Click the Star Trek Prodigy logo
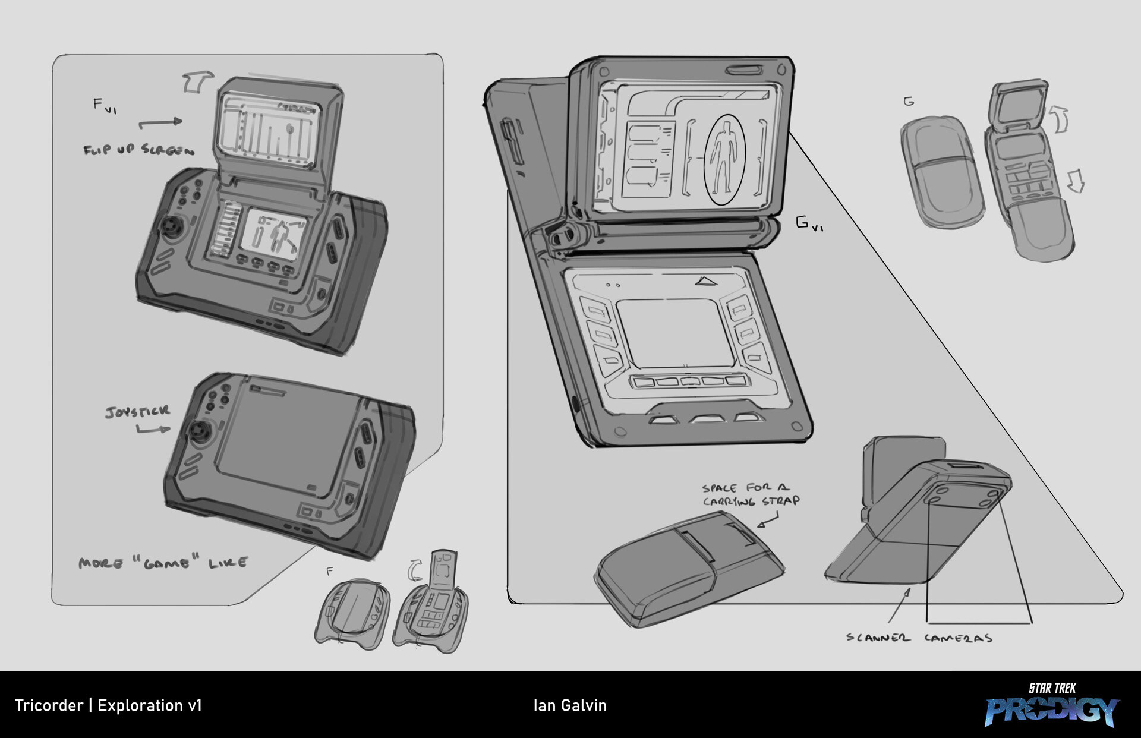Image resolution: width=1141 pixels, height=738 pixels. click(x=1052, y=705)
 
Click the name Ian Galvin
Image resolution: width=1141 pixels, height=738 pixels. click(x=570, y=705)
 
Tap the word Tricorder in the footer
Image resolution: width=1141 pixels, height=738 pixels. click(x=49, y=705)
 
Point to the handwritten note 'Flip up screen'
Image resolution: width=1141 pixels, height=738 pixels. click(x=138, y=149)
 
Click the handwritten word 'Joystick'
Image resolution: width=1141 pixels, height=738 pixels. click(x=137, y=411)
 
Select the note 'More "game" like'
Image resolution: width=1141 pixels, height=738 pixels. click(x=163, y=562)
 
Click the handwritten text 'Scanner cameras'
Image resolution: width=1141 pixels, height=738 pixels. click(x=919, y=638)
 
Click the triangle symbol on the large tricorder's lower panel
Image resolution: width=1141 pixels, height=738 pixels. click(x=707, y=280)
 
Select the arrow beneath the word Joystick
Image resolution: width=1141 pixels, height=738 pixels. click(x=153, y=428)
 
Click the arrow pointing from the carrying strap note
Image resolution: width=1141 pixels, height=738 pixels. click(x=768, y=521)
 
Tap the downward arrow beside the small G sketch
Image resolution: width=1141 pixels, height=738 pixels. click(x=1075, y=181)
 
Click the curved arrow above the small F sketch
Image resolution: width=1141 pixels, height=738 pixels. click(x=412, y=570)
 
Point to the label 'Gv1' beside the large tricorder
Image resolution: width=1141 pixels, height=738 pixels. click(x=809, y=224)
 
